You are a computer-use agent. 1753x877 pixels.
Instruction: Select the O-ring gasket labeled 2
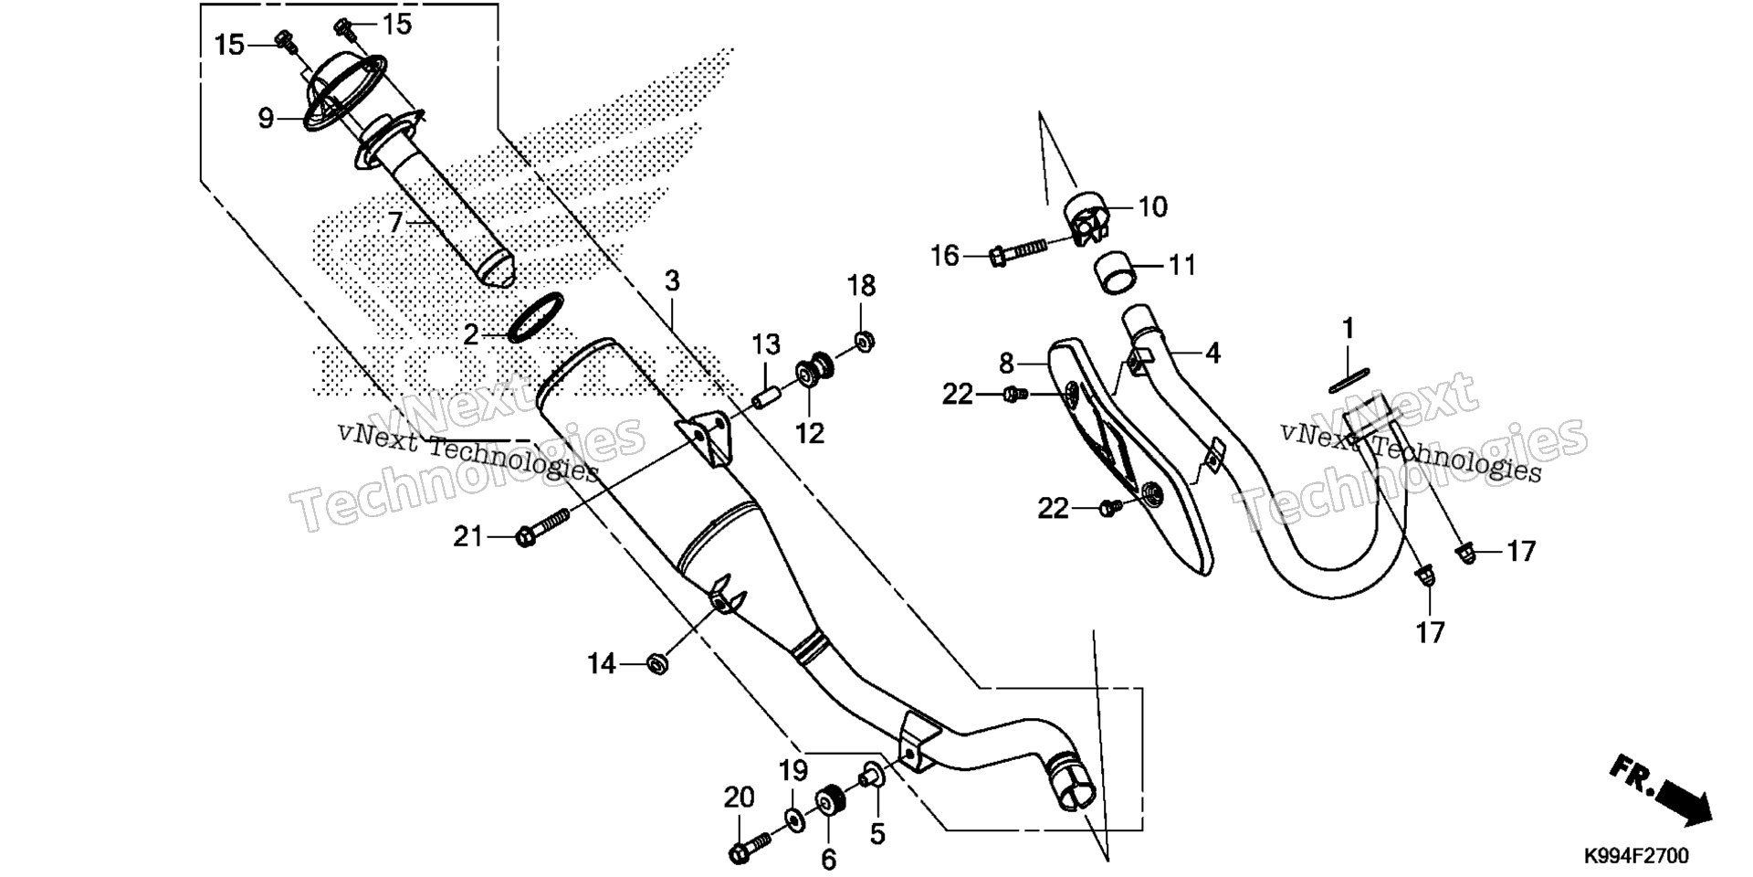[x=534, y=318]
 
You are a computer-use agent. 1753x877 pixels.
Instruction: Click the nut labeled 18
[x=863, y=341]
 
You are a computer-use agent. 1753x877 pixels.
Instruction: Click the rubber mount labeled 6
[x=830, y=802]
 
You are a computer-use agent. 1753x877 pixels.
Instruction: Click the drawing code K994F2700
[x=1636, y=856]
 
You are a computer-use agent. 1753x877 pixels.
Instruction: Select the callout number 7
[x=394, y=222]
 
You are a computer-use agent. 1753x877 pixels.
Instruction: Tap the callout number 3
[x=672, y=280]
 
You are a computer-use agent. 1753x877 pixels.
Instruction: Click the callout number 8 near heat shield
[x=1006, y=364]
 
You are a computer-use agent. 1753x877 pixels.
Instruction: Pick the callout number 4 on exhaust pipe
[x=1212, y=353]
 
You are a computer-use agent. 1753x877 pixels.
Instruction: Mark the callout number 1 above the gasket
[x=1348, y=328]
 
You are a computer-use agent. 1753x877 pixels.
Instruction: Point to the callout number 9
[x=266, y=118]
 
